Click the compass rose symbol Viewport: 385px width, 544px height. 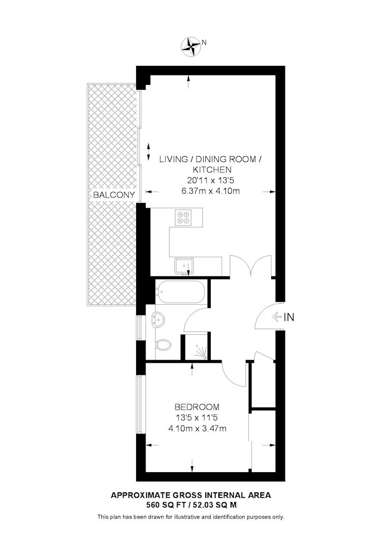click(191, 46)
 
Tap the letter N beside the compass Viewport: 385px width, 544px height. click(204, 42)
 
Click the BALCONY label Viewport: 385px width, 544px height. click(113, 195)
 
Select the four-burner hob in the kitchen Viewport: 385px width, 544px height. click(184, 217)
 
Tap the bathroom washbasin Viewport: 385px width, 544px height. click(159, 318)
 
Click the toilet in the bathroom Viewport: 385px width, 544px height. click(162, 345)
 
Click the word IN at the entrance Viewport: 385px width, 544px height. click(289, 317)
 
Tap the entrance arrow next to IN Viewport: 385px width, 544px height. click(277, 317)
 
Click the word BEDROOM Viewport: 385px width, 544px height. click(197, 407)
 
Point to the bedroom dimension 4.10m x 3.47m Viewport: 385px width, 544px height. click(197, 429)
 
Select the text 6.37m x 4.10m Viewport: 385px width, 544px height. click(210, 191)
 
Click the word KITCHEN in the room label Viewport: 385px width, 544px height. click(212, 170)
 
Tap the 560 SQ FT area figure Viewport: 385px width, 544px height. click(166, 505)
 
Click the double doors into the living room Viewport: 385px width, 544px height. click(250, 266)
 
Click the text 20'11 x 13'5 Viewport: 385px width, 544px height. click(210, 181)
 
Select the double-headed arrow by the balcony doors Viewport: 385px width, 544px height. click(149, 151)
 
